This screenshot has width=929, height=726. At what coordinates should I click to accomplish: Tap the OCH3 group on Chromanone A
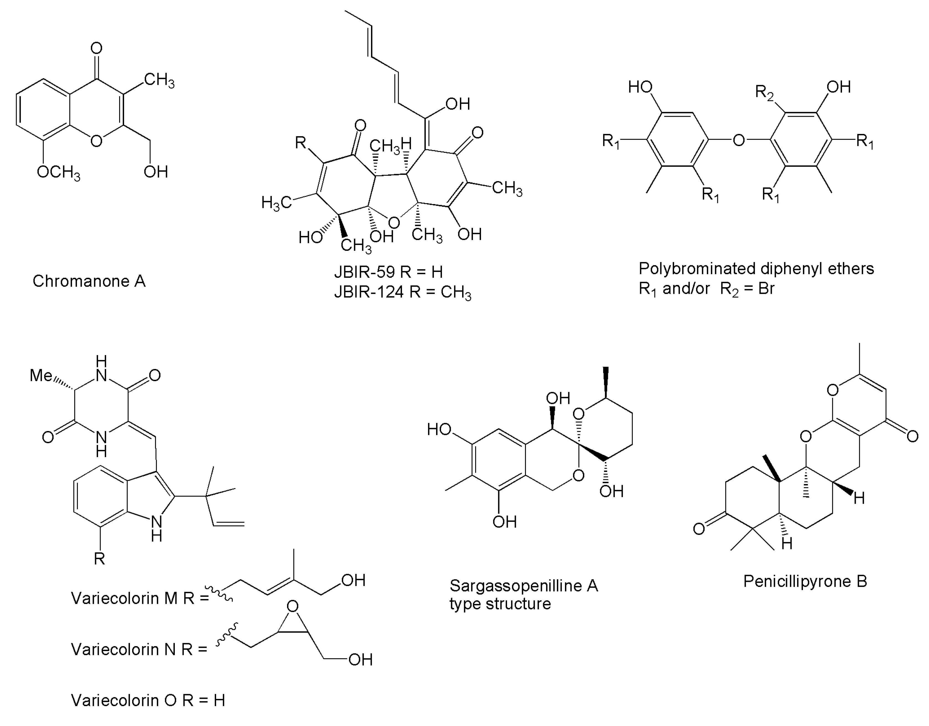click(x=58, y=172)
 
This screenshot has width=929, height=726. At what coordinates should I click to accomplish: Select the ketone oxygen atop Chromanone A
click(x=97, y=48)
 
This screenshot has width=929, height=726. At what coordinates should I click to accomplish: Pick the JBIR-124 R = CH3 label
click(x=402, y=292)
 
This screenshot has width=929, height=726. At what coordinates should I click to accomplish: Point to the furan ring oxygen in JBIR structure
click(x=394, y=223)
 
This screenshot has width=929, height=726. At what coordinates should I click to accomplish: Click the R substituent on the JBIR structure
click(x=301, y=142)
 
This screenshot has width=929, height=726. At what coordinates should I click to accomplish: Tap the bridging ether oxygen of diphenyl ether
click(x=739, y=140)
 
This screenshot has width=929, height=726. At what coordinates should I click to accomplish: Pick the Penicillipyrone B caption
click(x=805, y=581)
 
